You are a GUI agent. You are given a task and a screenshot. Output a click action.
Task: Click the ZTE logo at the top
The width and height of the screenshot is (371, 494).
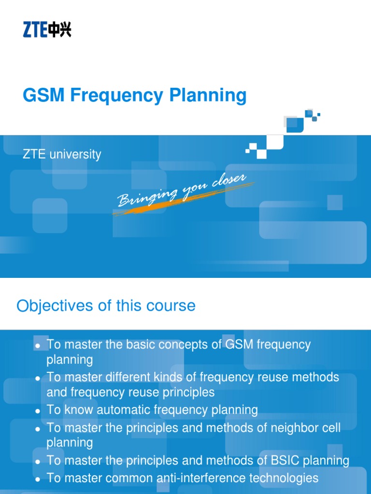[47, 30]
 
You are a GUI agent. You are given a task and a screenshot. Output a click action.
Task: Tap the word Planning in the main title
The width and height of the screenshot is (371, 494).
[208, 96]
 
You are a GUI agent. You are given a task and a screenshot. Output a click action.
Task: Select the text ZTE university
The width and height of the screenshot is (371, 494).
[62, 155]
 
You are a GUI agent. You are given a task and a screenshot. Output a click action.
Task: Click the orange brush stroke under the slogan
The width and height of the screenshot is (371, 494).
[145, 207]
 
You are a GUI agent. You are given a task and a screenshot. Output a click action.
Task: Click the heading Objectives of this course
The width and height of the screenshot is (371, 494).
[106, 306]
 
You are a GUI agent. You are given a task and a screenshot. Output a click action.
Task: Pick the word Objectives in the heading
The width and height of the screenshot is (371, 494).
[54, 306]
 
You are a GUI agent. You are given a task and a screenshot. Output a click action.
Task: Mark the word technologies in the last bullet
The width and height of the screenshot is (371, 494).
[286, 478]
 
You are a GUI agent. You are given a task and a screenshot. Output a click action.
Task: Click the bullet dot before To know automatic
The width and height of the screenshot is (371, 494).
[37, 412]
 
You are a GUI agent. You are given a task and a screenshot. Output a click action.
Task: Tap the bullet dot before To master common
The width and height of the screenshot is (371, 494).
[37, 480]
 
